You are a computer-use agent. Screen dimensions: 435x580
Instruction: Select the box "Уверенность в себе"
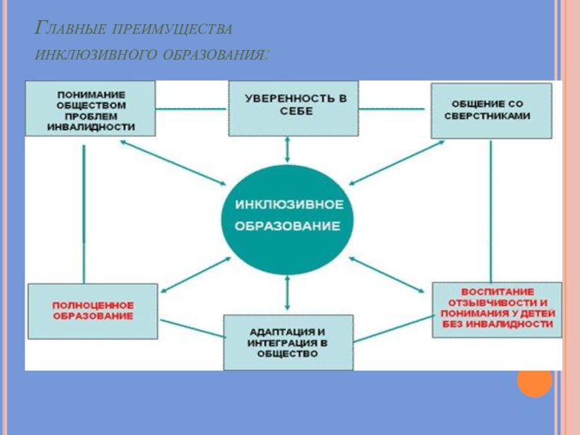(292, 109)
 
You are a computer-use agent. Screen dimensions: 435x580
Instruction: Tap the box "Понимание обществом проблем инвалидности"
(91, 109)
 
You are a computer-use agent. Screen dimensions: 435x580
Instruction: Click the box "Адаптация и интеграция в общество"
(288, 341)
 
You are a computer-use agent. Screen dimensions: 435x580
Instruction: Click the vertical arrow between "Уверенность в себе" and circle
(289, 150)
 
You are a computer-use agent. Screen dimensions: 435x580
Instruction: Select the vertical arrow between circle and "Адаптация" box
(289, 294)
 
